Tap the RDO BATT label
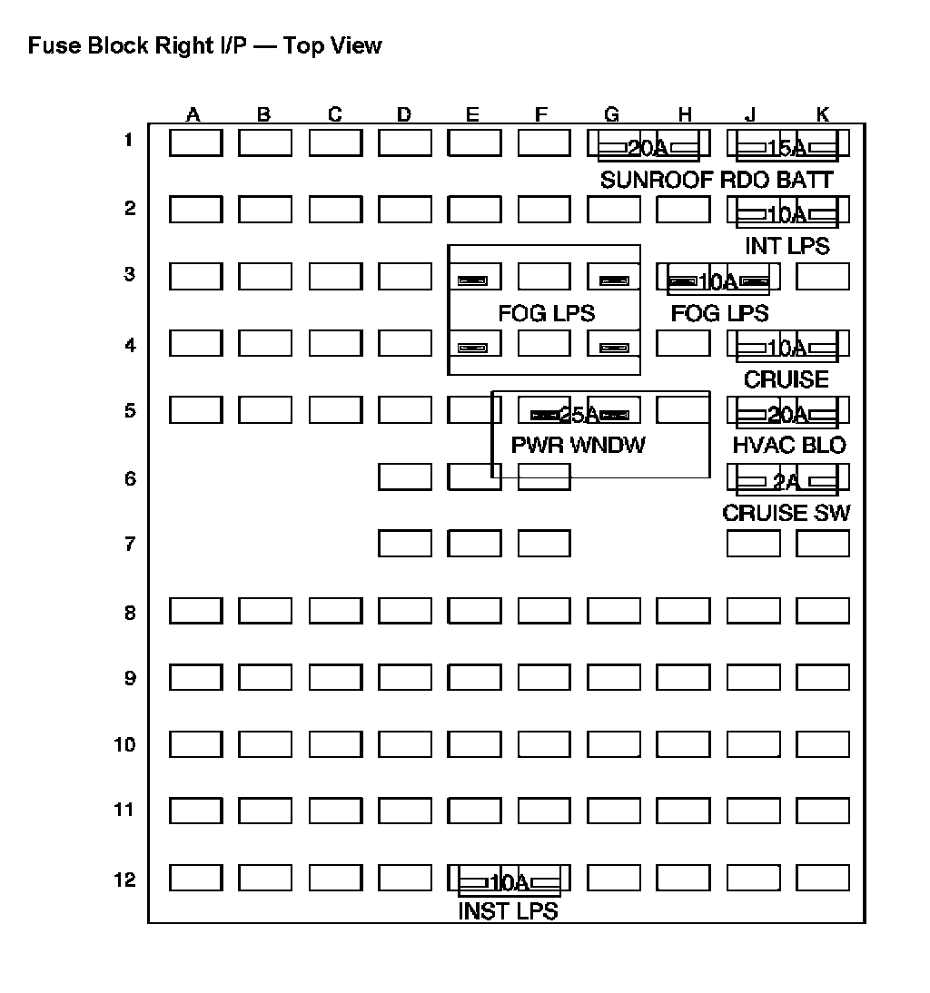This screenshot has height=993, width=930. (777, 180)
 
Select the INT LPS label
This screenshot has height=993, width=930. (787, 246)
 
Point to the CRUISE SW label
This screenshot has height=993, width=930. (787, 513)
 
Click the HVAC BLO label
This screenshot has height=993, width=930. (788, 446)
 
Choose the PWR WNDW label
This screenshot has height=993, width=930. (579, 446)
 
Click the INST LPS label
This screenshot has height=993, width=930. (508, 911)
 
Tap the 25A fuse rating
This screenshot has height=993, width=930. (579, 415)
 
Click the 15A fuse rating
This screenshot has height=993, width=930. (787, 148)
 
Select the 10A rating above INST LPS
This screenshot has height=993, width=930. (509, 882)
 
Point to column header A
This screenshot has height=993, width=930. (193, 114)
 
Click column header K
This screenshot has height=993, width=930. (822, 114)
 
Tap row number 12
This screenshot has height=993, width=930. (124, 880)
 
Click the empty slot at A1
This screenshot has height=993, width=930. (195, 143)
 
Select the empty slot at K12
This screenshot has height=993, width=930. (822, 878)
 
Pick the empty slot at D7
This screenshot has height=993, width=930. (404, 544)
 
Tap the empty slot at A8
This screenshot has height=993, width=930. (195, 611)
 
